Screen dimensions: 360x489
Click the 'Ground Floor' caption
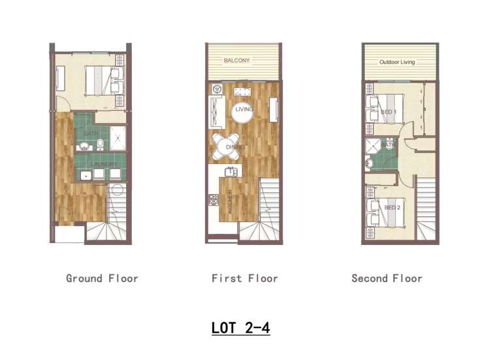click(x=102, y=278)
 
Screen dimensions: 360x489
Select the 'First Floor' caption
click(x=245, y=278)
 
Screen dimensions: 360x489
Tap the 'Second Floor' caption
click(x=386, y=278)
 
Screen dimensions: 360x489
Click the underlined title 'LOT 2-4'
click(x=240, y=327)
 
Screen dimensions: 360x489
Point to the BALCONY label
click(x=236, y=61)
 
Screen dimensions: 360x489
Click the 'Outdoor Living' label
click(x=397, y=63)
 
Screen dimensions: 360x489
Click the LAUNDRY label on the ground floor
click(x=104, y=164)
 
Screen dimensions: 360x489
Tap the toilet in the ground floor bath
click(x=99, y=144)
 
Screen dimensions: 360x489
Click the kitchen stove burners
click(x=213, y=200)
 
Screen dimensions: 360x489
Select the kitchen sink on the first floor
click(x=229, y=172)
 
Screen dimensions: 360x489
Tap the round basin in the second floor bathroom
click(x=370, y=163)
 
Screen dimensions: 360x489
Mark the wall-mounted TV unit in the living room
click(x=274, y=109)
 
